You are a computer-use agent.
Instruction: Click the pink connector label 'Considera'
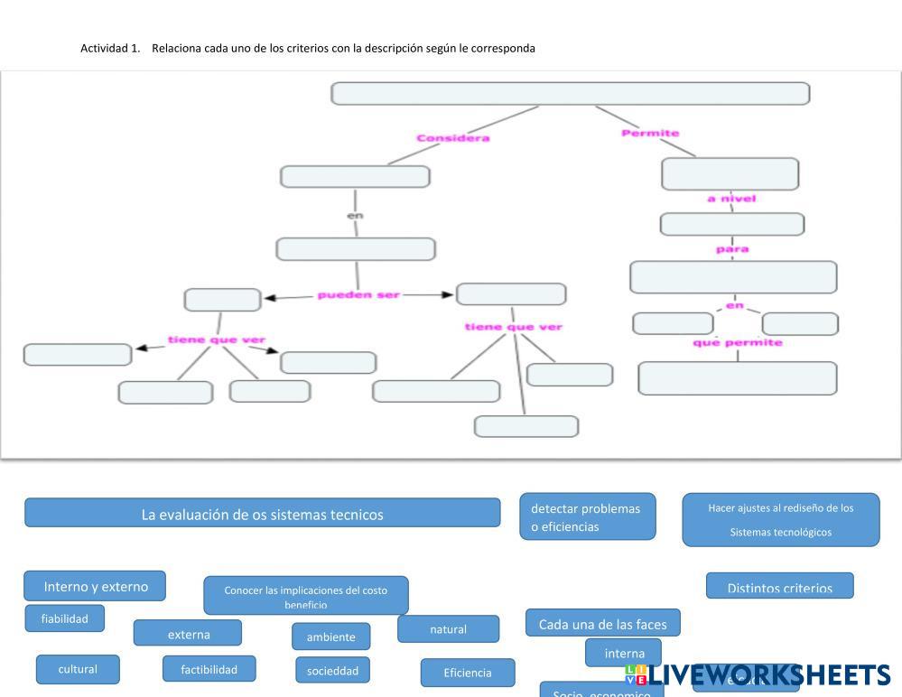(x=452, y=138)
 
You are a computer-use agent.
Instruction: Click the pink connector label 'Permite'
(x=650, y=134)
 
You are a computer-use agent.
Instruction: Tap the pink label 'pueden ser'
(x=358, y=295)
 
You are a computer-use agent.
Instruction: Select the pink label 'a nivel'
(x=731, y=199)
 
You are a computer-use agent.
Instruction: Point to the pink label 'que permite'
(x=738, y=342)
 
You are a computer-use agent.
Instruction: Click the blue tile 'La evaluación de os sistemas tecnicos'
(x=262, y=514)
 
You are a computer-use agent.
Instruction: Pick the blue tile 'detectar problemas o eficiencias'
(x=587, y=517)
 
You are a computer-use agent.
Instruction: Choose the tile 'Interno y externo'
(x=95, y=586)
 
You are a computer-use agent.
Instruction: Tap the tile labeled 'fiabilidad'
(x=65, y=618)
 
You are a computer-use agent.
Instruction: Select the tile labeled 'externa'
(x=188, y=634)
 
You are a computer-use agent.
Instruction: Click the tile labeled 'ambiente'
(x=330, y=637)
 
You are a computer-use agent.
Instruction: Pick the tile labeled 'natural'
(x=448, y=629)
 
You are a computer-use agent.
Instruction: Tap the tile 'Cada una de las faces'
(x=602, y=624)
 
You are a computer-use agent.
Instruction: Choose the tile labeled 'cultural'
(x=78, y=669)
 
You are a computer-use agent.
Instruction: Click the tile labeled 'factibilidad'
(x=209, y=669)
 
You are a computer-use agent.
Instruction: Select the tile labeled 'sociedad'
(x=332, y=670)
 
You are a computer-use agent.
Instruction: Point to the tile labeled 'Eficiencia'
(x=468, y=673)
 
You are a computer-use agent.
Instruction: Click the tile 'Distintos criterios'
(x=779, y=587)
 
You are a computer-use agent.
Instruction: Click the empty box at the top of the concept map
(x=570, y=94)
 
